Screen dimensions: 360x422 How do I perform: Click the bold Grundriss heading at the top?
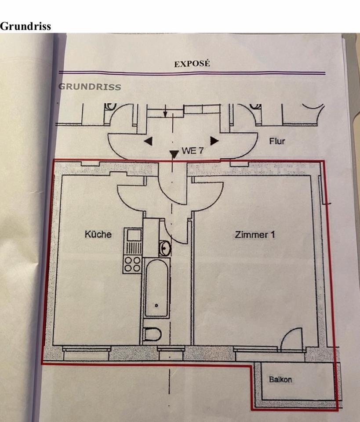[25, 26]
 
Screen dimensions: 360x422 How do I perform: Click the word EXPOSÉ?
[192, 64]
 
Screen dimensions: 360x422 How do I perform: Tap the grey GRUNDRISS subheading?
[90, 87]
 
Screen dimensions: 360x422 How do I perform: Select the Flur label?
[277, 141]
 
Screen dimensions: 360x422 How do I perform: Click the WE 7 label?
[193, 150]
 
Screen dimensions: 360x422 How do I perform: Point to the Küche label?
[98, 234]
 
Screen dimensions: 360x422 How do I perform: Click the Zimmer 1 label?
[255, 235]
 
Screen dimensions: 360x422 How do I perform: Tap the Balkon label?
[280, 379]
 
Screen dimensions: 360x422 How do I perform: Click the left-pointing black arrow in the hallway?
[149, 141]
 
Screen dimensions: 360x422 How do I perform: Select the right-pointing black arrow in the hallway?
[214, 141]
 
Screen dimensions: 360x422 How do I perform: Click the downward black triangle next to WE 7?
[174, 154]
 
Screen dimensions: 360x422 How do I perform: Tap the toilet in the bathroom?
[152, 334]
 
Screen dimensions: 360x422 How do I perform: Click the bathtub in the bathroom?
[156, 288]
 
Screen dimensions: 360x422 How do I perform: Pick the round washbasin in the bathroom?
[165, 248]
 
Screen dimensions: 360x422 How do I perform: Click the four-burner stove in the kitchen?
[132, 264]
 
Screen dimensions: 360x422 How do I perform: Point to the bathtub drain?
[156, 306]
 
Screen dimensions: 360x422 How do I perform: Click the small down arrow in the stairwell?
[165, 111]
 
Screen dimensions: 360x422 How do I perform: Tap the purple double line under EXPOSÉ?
[192, 73]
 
